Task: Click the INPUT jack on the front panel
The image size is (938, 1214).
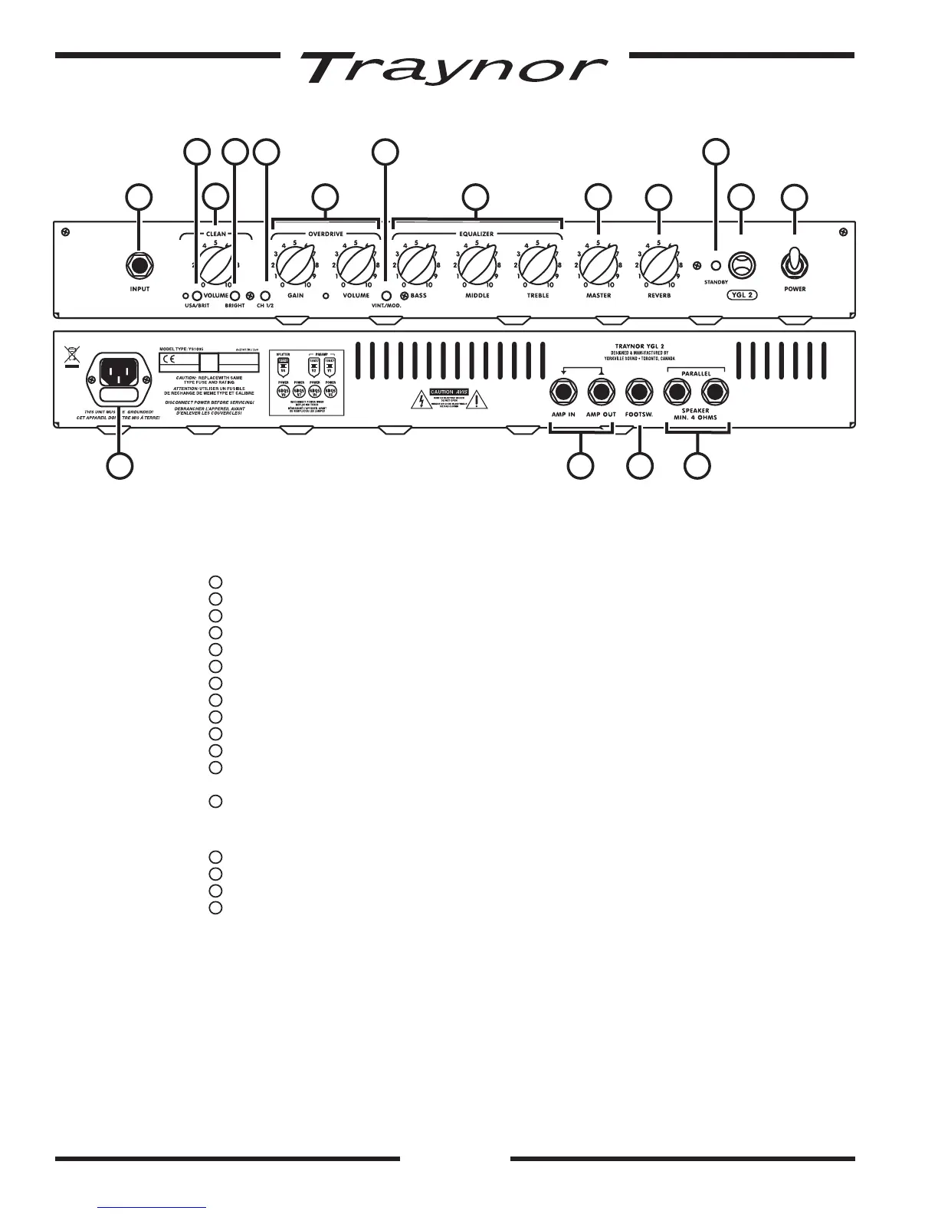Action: (139, 266)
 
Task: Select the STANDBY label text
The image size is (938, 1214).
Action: (717, 283)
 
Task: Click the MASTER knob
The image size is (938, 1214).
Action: (598, 264)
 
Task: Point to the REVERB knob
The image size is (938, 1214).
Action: (658, 264)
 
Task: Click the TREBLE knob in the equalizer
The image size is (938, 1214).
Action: (538, 264)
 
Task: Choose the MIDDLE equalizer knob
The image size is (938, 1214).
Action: (477, 264)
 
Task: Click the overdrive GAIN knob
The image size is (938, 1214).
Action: (295, 264)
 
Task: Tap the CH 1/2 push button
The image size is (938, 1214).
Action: (266, 296)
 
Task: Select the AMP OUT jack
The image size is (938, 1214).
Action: (601, 393)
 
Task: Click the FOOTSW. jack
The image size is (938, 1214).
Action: (639, 393)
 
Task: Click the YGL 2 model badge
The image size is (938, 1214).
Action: (740, 294)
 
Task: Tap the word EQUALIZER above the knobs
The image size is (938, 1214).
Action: (477, 233)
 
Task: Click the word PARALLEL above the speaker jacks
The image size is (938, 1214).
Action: (696, 374)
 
